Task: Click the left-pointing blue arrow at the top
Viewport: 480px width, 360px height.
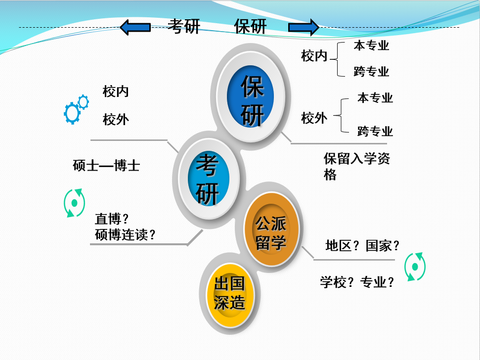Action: [x=135, y=27]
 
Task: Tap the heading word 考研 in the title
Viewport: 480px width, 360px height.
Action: [x=183, y=27]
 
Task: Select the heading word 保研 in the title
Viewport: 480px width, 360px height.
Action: [x=250, y=27]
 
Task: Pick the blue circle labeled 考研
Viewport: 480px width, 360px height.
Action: [x=208, y=179]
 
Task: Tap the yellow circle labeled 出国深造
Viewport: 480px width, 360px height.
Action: [x=229, y=293]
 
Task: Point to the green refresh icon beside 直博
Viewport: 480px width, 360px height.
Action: [x=74, y=203]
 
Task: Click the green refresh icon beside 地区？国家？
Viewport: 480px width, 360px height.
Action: [x=415, y=267]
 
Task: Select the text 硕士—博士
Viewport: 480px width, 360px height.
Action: [x=106, y=165]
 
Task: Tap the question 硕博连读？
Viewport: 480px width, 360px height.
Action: [x=126, y=234]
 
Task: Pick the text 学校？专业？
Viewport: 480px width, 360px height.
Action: [x=357, y=282]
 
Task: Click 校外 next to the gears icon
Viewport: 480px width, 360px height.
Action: [x=116, y=119]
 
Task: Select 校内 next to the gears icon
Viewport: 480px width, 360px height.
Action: [x=116, y=91]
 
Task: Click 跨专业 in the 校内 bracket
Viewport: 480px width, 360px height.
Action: [x=371, y=72]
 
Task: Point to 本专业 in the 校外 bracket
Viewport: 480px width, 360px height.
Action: [x=375, y=98]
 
